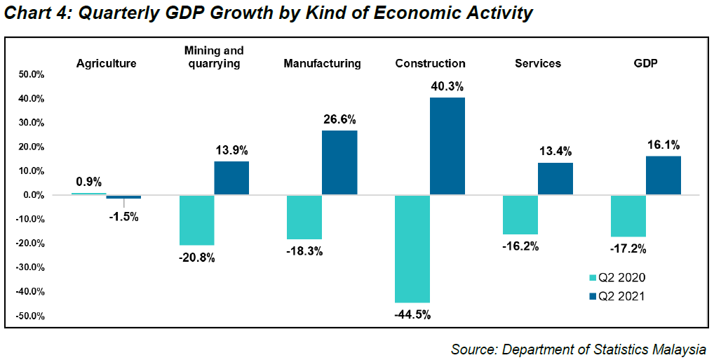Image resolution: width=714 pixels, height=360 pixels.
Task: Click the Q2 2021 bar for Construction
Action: [447, 146]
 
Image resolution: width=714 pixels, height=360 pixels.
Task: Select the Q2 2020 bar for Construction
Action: [412, 248]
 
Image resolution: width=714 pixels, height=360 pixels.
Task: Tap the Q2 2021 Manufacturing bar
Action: [339, 163]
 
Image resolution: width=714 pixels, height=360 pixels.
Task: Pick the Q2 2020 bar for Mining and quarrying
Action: [196, 220]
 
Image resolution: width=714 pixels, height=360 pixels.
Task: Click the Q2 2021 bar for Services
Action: [555, 179]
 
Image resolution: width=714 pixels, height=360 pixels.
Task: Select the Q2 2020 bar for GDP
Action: [628, 215]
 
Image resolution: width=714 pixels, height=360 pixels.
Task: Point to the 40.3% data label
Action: [447, 86]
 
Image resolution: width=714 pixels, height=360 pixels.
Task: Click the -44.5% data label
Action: [412, 313]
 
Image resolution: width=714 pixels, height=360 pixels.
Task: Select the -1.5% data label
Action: [123, 217]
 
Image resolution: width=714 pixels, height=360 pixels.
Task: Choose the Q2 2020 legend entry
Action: [617, 279]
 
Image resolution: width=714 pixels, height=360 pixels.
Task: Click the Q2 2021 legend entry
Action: [617, 296]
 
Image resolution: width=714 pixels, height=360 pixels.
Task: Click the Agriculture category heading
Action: [106, 63]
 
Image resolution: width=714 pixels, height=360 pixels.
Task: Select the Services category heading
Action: [538, 63]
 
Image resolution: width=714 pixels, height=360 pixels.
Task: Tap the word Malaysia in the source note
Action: [677, 349]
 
